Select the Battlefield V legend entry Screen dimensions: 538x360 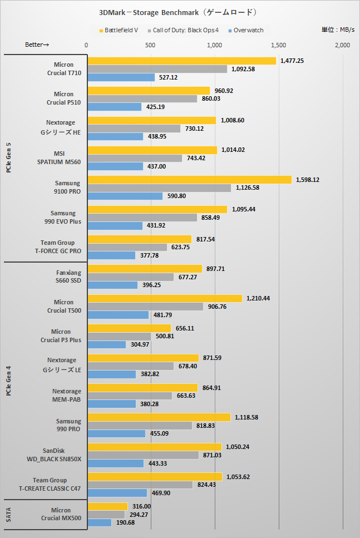pos(121,30)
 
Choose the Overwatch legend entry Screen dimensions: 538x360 pos(248,30)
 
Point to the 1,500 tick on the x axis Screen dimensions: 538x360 pos(278,45)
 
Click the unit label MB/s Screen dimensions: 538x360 pos(338,30)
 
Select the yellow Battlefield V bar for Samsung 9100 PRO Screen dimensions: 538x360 pos(189,180)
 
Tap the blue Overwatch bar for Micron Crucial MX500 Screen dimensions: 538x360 pos(100,522)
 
